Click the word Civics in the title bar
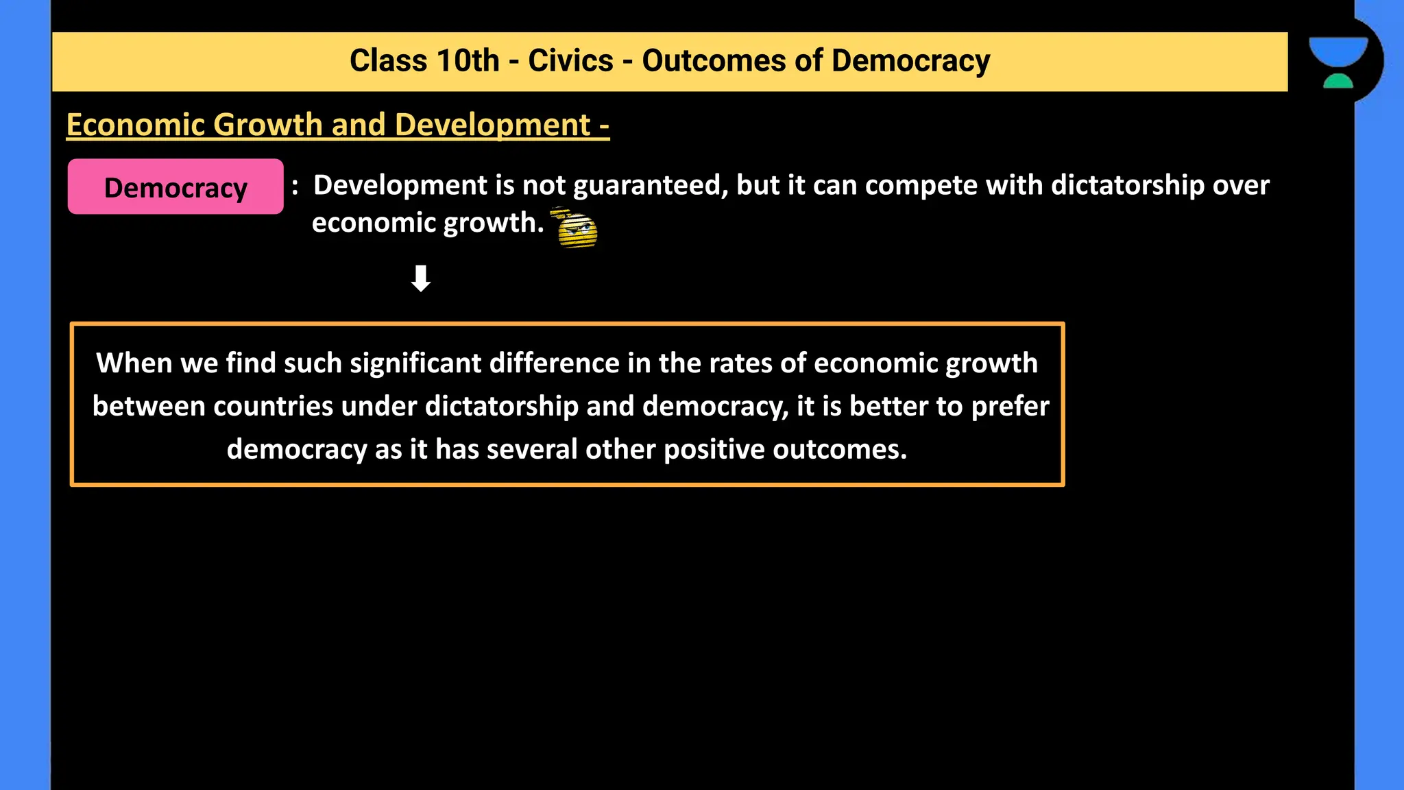click(x=570, y=61)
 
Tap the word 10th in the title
click(x=468, y=61)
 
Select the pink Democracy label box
click(x=175, y=187)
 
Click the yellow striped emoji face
click(x=576, y=228)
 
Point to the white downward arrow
click(x=420, y=278)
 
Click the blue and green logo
click(x=1338, y=62)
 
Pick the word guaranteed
click(x=650, y=186)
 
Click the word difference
click(x=554, y=363)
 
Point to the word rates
click(x=739, y=363)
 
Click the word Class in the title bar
click(x=388, y=61)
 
